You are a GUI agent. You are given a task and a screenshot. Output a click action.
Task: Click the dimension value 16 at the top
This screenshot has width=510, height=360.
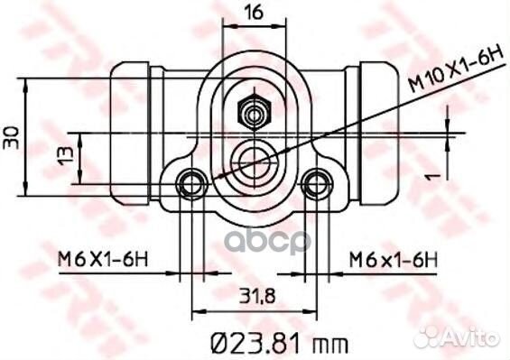(x=254, y=14)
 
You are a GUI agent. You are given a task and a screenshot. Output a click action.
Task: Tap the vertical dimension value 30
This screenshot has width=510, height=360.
(x=11, y=137)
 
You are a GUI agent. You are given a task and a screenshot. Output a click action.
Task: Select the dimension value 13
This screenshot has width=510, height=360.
(x=66, y=156)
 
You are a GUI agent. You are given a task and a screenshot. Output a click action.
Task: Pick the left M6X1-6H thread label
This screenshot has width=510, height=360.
(x=103, y=260)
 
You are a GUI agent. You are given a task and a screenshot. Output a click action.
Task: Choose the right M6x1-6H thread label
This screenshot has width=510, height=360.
(x=394, y=260)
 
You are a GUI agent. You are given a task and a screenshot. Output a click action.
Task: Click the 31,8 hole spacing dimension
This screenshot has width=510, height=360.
(x=257, y=296)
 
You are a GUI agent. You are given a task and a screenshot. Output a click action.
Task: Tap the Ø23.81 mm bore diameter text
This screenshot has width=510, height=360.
(x=280, y=343)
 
